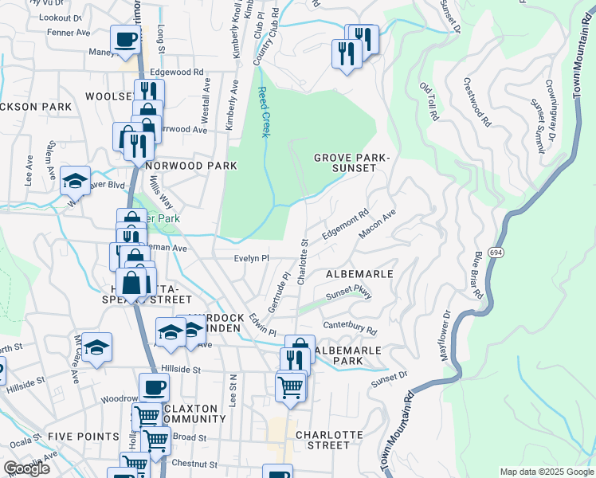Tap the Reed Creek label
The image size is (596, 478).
coord(263,112)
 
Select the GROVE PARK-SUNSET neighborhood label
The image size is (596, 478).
coord(351,164)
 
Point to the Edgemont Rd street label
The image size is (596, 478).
coord(345,225)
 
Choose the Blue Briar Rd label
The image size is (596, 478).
coord(480,276)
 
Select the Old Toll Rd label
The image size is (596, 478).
coord(429,102)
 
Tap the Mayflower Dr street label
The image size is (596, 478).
coord(448,340)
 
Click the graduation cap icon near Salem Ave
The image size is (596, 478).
coord(75,180)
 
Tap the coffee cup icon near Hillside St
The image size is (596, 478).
coord(154,386)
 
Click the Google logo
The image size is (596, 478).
coord(26,468)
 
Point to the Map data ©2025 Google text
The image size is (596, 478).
coord(546,472)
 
